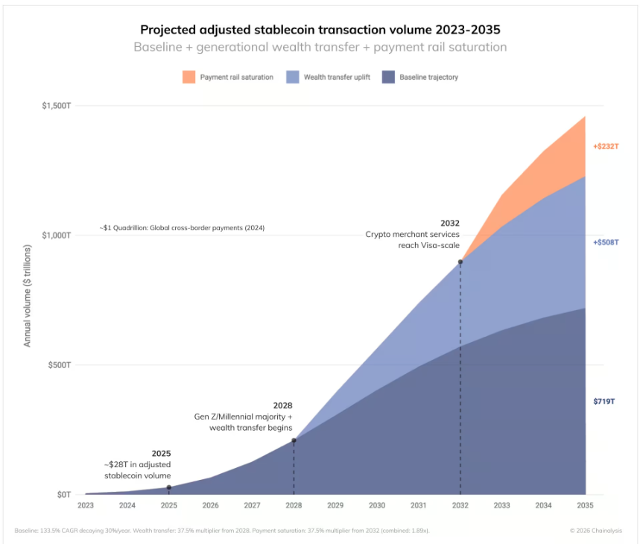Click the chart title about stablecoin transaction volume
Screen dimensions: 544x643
tap(320, 30)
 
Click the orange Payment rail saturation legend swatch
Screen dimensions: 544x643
tap(188, 77)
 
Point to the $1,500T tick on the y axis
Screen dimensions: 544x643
tap(56, 106)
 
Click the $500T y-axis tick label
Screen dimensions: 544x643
tap(59, 365)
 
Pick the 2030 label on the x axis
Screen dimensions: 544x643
tap(377, 505)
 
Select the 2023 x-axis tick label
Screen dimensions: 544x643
tap(86, 505)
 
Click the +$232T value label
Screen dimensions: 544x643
tap(606, 147)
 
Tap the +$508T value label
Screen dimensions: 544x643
tap(606, 242)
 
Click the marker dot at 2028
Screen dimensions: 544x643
tap(294, 440)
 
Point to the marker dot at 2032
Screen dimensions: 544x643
tap(460, 262)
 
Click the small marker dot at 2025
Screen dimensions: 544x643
tap(169, 487)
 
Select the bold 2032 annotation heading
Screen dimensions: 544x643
tap(450, 223)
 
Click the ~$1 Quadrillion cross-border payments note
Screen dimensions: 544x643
tap(182, 227)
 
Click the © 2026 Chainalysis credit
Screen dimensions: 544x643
tap(595, 531)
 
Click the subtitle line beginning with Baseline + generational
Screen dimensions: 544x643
tap(320, 47)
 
